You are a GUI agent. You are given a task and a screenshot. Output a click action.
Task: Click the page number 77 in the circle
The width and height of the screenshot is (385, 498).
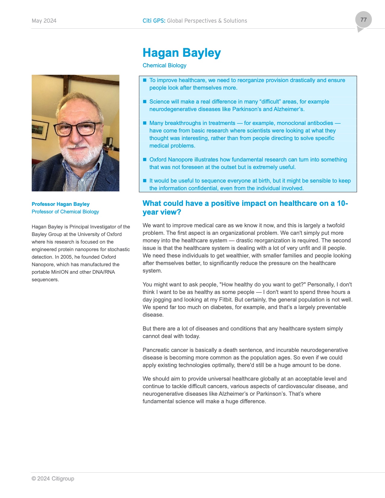coord(363,20)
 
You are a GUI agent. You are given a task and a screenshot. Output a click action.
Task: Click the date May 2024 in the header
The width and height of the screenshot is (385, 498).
coord(44,21)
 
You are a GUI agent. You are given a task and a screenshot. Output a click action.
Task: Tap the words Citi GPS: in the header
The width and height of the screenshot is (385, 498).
coord(154,21)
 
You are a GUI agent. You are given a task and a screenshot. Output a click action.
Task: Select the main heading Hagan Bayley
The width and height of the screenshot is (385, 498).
coord(181,53)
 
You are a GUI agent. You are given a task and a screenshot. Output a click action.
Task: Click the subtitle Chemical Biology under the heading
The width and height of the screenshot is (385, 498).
coord(164,65)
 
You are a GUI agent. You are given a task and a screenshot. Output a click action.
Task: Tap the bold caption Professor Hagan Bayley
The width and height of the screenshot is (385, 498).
coord(60,204)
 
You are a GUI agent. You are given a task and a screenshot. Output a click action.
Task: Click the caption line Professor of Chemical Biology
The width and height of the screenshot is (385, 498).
coord(65,212)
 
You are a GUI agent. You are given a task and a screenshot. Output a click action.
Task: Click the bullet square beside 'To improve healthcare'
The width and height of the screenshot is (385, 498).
coord(145,80)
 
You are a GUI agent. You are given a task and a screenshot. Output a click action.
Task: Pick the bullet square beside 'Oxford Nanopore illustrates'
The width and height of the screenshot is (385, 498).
coord(145,160)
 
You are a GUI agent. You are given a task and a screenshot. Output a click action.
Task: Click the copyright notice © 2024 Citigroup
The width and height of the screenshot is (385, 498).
coord(53,479)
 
